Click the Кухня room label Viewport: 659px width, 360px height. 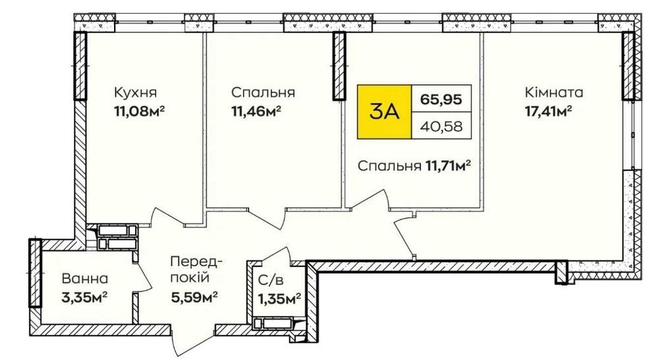click(x=135, y=92)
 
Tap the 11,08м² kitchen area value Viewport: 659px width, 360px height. click(x=138, y=111)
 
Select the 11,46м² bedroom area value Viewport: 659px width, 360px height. click(x=256, y=111)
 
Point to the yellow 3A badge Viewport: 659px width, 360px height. click(x=384, y=112)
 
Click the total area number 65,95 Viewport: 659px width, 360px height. click(x=442, y=100)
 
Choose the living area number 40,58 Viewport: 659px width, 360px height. click(x=442, y=126)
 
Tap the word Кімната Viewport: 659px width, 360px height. click(x=554, y=92)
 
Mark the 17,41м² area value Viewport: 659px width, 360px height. click(x=548, y=111)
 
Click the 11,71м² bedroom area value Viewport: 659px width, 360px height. click(x=447, y=166)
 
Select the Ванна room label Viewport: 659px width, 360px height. click(x=85, y=278)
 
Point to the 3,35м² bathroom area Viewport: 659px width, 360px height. click(x=84, y=298)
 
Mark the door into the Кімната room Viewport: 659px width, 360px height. click(x=403, y=236)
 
